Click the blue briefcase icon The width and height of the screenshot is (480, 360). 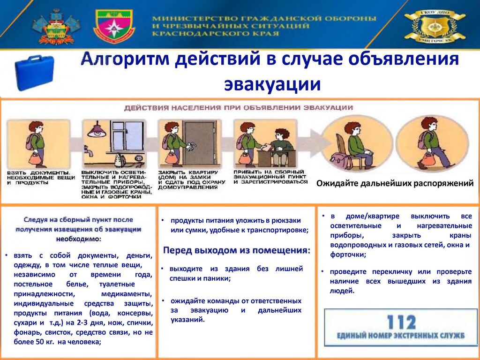(35, 72)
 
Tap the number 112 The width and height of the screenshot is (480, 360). (401, 322)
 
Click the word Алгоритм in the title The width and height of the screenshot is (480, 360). (125, 59)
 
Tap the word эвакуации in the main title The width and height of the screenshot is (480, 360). (272, 84)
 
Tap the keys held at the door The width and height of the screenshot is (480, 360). (192, 147)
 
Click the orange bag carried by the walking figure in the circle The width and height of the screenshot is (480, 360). (427, 159)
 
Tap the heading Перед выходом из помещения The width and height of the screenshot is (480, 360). (237, 250)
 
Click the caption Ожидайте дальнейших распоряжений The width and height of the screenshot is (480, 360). (395, 183)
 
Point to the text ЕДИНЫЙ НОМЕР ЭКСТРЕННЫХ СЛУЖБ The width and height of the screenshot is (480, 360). (401, 336)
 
